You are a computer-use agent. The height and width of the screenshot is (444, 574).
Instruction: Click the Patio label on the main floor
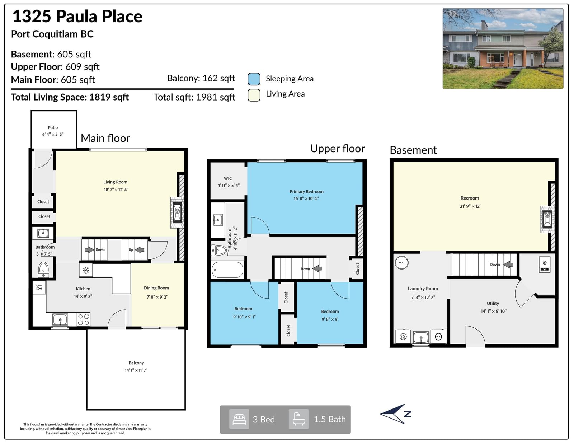53,128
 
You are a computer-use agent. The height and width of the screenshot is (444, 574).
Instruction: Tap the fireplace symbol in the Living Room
177,212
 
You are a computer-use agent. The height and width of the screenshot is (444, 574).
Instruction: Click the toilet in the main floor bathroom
43,270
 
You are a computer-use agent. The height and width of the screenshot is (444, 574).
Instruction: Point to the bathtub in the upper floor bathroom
227,270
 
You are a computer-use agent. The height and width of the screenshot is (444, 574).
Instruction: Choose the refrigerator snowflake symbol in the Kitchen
86,270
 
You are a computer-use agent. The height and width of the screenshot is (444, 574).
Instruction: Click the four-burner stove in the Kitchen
84,319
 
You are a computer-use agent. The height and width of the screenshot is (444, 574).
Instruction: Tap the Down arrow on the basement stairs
508,264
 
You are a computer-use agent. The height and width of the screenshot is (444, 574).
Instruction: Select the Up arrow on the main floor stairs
140,249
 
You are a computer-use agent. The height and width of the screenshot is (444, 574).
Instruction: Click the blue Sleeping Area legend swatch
254,79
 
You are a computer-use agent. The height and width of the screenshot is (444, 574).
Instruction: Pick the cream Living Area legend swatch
254,95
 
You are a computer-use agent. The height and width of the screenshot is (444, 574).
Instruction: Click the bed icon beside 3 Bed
239,419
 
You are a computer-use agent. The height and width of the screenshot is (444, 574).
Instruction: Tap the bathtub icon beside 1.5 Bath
299,419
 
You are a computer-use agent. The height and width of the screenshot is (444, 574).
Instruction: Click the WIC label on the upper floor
228,179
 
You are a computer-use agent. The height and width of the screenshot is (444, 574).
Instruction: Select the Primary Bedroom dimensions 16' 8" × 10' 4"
306,198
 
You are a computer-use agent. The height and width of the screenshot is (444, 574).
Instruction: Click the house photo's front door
517,60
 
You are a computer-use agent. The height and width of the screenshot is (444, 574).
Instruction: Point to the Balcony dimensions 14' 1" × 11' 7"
136,370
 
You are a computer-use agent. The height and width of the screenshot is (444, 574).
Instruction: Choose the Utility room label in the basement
493,303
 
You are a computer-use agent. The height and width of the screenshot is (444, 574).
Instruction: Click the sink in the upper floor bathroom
218,220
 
